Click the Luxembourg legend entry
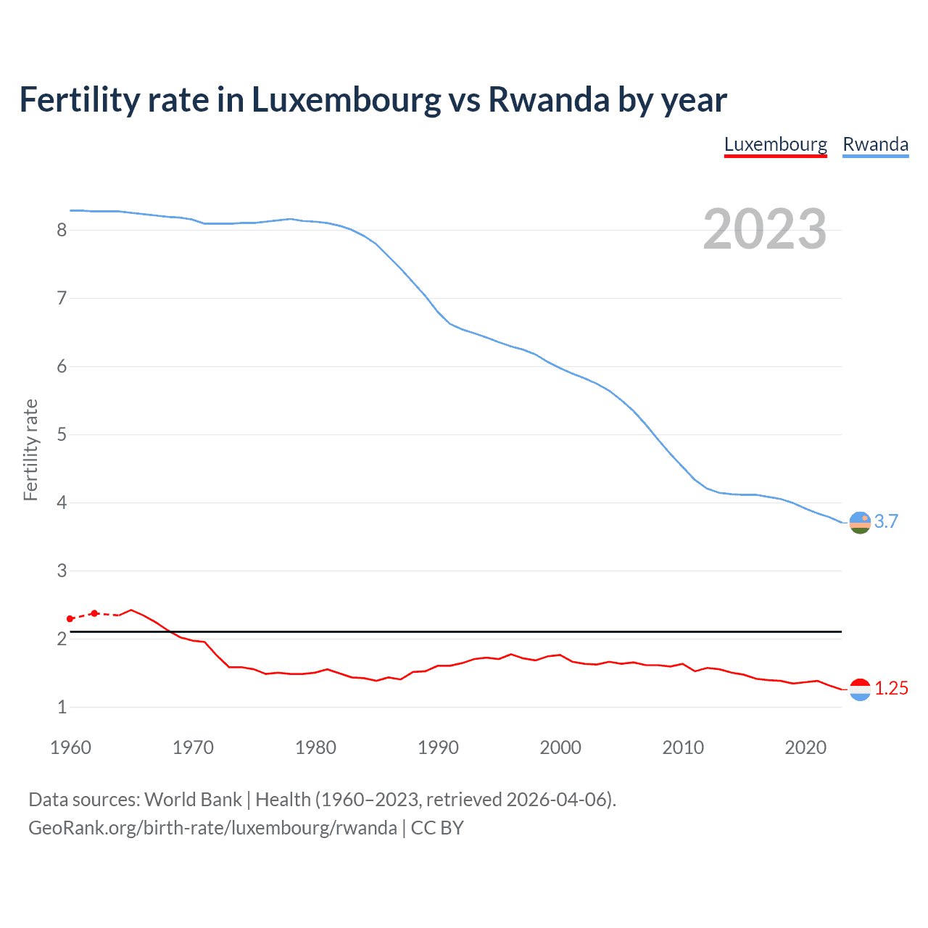[775, 144]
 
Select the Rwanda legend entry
[875, 144]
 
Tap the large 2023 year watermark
[764, 229]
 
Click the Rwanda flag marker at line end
[860, 522]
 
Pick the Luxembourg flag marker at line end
[860, 689]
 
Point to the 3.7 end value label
[886, 521]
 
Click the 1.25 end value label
[891, 688]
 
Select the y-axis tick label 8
[62, 230]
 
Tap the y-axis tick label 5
[62, 434]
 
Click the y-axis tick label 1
[62, 707]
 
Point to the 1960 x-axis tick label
[70, 747]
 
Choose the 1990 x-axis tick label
[438, 747]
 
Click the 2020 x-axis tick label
[805, 747]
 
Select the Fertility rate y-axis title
[30, 449]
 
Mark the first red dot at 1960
[70, 618]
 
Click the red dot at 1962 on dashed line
[94, 613]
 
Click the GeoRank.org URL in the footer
[212, 828]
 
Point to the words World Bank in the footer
[193, 800]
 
